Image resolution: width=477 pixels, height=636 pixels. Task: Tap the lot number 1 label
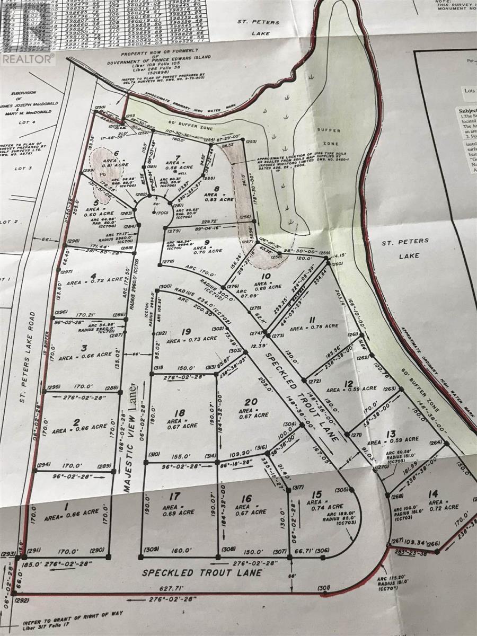click(67, 508)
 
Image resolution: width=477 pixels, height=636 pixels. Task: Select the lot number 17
click(174, 498)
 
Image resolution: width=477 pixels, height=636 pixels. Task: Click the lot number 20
click(251, 401)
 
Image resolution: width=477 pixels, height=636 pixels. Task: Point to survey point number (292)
click(22, 601)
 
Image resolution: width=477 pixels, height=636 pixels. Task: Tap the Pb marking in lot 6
click(100, 172)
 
